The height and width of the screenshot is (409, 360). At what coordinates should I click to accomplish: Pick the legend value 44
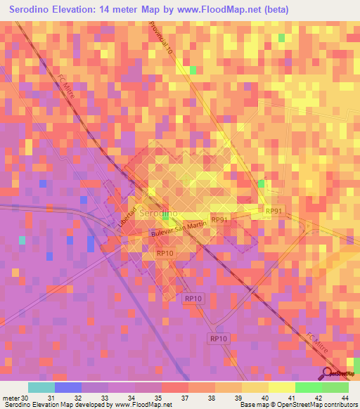pyautogui.click(x=345, y=398)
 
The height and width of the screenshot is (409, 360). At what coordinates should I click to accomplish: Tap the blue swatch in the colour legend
pyautogui.click(x=68, y=387)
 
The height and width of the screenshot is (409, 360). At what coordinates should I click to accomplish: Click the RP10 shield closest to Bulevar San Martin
pyautogui.click(x=165, y=253)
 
